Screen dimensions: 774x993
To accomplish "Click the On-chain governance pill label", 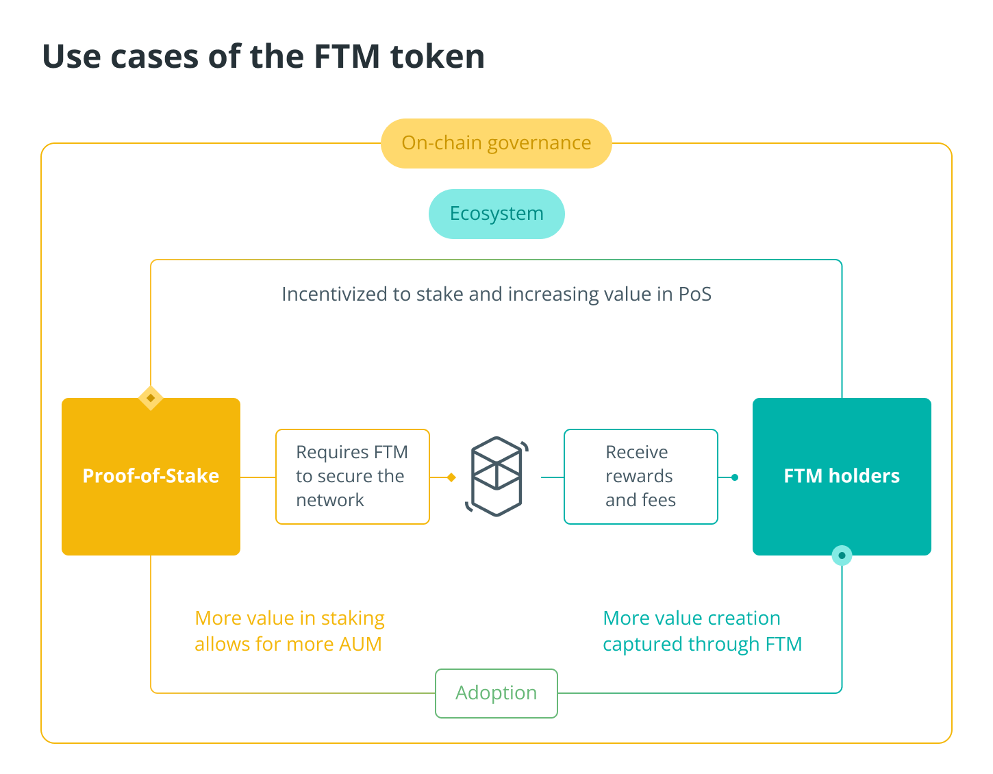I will point(496,143).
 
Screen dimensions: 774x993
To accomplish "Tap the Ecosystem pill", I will point(496,214).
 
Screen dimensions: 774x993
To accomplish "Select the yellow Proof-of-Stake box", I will point(151,476).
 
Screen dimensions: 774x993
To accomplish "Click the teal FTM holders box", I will point(842,476).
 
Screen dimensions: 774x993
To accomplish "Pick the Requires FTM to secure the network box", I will point(352,476).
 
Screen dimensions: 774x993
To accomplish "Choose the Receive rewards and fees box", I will point(640,476).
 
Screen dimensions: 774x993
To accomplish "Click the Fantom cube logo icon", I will point(496,476).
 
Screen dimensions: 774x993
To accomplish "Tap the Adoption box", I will point(496,693).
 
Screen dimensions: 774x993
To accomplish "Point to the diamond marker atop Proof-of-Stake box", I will point(151,398).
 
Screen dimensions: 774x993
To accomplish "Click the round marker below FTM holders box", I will point(842,555).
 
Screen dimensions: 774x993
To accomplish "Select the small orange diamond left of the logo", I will point(451,477).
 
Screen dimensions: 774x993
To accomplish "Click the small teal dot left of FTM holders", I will point(735,477).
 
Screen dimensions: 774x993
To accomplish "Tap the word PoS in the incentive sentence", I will point(695,295).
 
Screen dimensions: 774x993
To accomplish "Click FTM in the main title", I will point(347,56).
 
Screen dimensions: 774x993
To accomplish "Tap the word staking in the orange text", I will point(353,619).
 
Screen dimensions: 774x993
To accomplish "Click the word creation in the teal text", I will point(744,619).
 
